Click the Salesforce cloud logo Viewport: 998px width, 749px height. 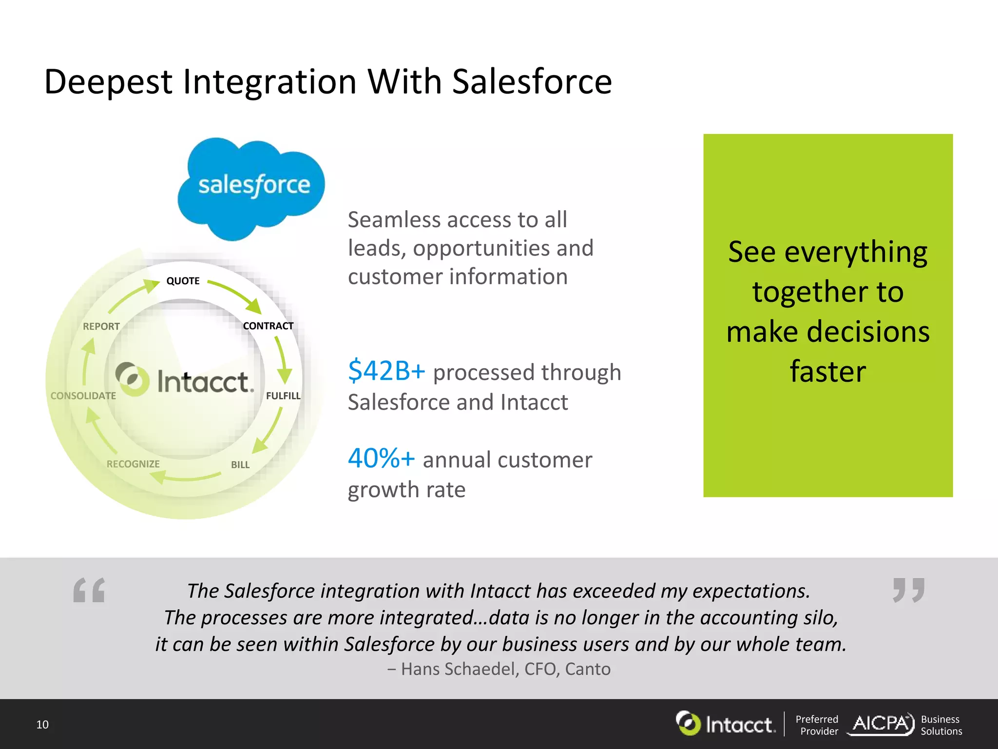(x=251, y=188)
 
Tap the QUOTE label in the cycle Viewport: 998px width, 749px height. (x=183, y=281)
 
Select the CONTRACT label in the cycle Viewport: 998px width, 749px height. (x=268, y=326)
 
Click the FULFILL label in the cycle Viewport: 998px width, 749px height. (x=283, y=395)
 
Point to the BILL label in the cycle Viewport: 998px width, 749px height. (x=240, y=465)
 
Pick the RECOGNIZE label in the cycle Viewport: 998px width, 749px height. (x=133, y=464)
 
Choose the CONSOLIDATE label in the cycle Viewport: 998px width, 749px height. (x=83, y=395)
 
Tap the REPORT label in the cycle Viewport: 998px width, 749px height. (x=101, y=326)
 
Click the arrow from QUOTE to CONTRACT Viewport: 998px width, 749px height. (x=236, y=295)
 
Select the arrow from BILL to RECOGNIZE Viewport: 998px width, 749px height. (x=185, y=477)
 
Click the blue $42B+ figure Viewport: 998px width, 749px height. (x=386, y=371)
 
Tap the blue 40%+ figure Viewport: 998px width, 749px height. (x=381, y=458)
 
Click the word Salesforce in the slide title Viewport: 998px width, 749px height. (x=532, y=81)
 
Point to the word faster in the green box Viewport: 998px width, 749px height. (x=827, y=372)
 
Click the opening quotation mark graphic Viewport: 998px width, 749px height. (x=89, y=590)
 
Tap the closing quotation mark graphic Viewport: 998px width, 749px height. (x=908, y=590)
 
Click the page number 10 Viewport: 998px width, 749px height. (x=42, y=725)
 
